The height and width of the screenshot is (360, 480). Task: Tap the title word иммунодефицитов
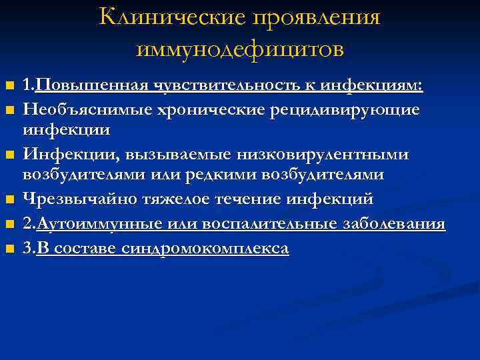240,48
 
